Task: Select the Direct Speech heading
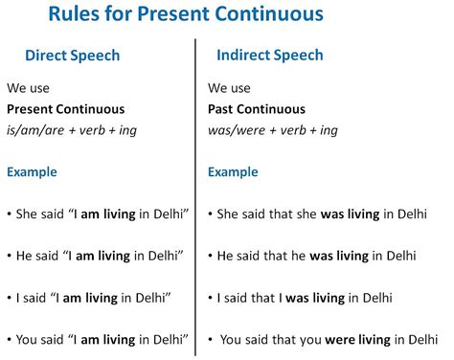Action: pyautogui.click(x=72, y=56)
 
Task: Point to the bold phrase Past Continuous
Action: pyautogui.click(x=257, y=109)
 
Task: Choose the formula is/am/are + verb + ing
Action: pyautogui.click(x=71, y=130)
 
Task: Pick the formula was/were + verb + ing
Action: pyautogui.click(x=272, y=130)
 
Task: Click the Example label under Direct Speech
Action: pyautogui.click(x=32, y=172)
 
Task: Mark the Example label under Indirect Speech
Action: pyautogui.click(x=233, y=172)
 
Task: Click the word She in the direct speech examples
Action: pyautogui.click(x=28, y=214)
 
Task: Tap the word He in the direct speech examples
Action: pyautogui.click(x=26, y=256)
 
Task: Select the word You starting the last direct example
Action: pyautogui.click(x=29, y=339)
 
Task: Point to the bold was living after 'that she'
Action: pyautogui.click(x=341, y=214)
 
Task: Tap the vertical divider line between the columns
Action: pyautogui.click(x=196, y=191)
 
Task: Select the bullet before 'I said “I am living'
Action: pyautogui.click(x=9, y=298)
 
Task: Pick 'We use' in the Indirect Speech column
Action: pyautogui.click(x=229, y=88)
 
